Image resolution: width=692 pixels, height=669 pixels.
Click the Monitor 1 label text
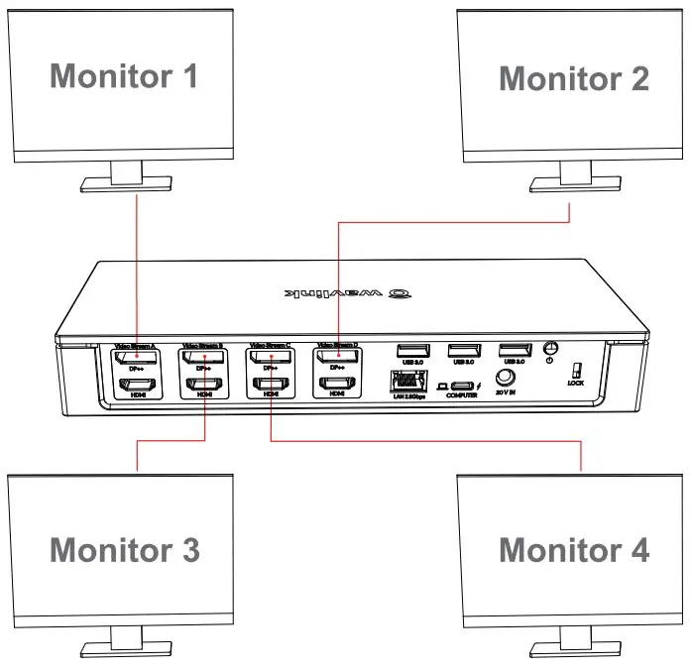(x=124, y=75)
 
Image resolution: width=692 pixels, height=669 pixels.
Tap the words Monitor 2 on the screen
(x=573, y=77)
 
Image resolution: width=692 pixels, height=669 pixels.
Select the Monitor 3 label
(x=124, y=548)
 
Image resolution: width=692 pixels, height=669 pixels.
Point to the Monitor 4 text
(x=573, y=548)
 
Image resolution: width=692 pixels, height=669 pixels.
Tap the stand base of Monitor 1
(x=124, y=186)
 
